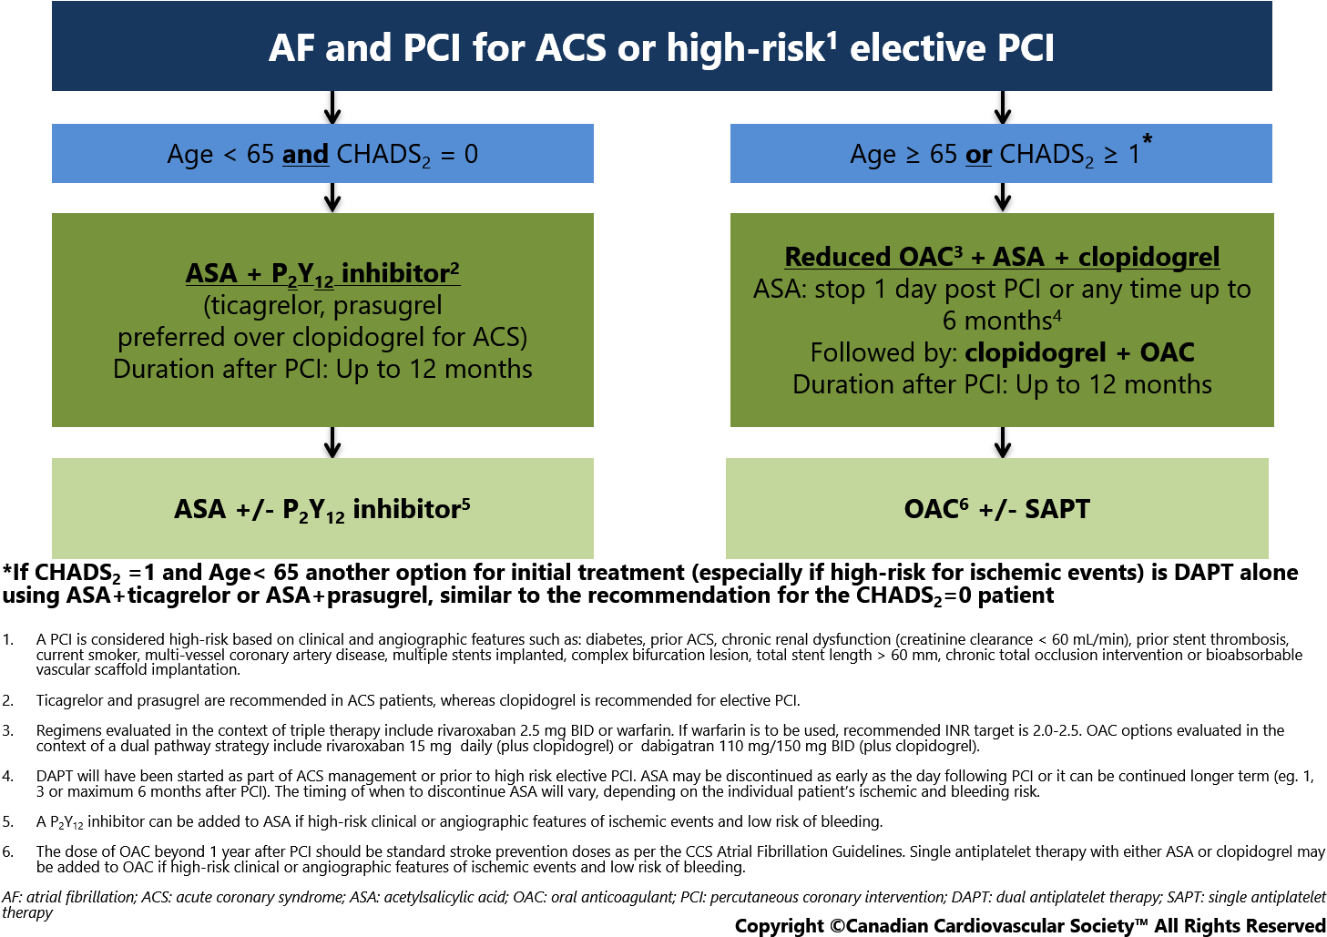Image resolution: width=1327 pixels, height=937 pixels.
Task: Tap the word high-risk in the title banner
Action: click(745, 48)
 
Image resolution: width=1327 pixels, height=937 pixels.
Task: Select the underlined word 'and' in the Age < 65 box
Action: click(305, 155)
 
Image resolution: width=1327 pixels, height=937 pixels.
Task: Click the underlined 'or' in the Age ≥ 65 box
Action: click(978, 155)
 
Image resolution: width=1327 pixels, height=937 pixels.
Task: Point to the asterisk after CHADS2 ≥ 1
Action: click(1148, 139)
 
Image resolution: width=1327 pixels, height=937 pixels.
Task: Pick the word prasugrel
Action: click(388, 305)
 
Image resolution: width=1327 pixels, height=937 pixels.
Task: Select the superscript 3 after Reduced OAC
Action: click(958, 250)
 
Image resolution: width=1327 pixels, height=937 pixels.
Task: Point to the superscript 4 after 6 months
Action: click(1057, 315)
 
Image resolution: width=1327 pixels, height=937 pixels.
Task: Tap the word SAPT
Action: click(1057, 509)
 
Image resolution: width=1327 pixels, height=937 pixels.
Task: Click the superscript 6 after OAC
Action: click(964, 503)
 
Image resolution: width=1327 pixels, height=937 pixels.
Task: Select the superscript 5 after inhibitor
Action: click(466, 503)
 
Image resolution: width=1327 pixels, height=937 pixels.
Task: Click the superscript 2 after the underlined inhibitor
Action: click(454, 267)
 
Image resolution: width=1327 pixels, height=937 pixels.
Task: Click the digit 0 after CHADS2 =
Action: click(471, 155)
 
